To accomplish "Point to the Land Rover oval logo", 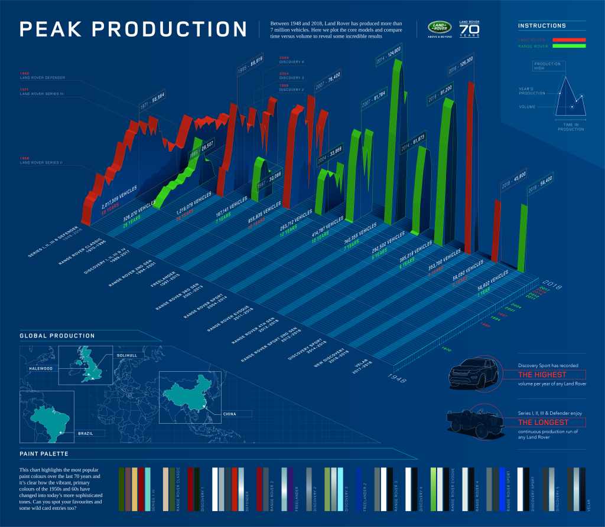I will (x=440, y=28).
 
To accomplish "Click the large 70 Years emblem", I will (x=470, y=30).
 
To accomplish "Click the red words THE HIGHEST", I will (x=542, y=374).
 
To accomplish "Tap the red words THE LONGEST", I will (x=543, y=422).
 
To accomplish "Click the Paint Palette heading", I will (x=43, y=454).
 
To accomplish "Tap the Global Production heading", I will (x=57, y=336).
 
